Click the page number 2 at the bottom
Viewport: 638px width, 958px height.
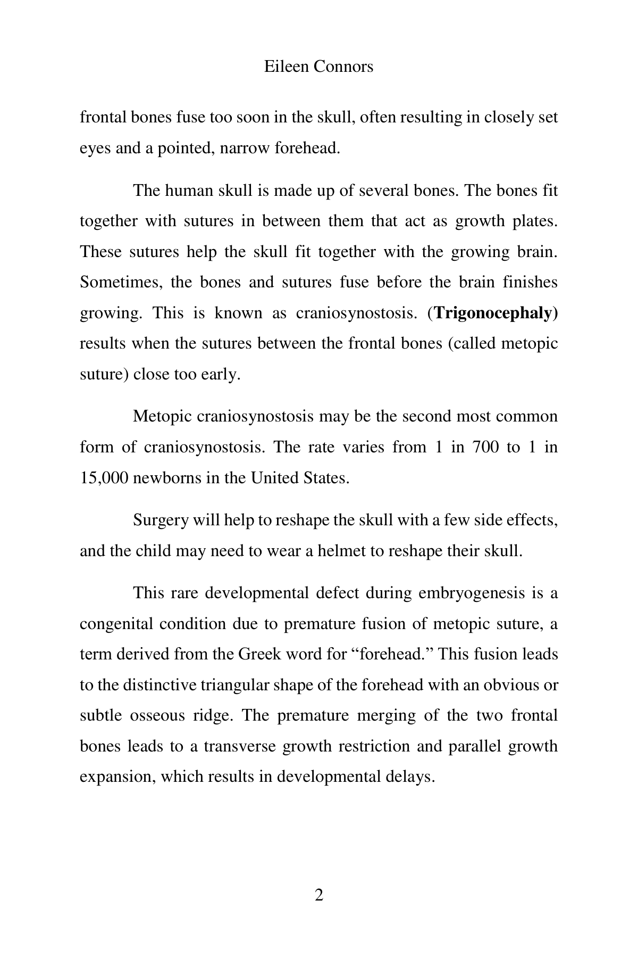pyautogui.click(x=319, y=895)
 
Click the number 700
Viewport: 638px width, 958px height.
pyautogui.click(x=485, y=447)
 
